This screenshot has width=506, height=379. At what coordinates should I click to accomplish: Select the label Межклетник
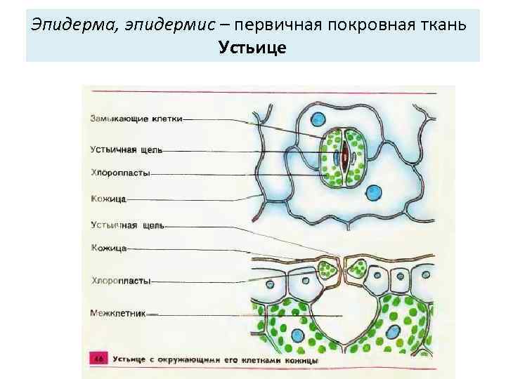coord(118,313)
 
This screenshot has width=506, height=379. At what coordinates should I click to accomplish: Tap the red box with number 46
coord(98,359)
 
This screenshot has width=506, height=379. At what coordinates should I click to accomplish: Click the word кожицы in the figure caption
coord(302,360)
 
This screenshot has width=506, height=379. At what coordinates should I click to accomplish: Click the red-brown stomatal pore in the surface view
coord(344,158)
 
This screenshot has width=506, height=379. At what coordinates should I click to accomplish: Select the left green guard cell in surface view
coord(330,159)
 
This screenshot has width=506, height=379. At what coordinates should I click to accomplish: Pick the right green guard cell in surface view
coord(358,159)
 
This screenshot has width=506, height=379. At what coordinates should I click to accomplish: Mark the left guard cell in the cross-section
coord(325,268)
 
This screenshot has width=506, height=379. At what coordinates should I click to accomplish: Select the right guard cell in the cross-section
coord(359,268)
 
